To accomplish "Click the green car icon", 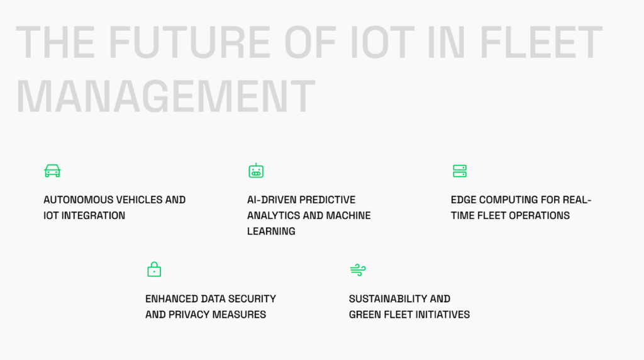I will click(x=52, y=171).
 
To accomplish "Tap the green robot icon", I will click(x=256, y=171).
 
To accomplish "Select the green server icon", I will click(x=460, y=171).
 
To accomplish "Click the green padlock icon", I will click(x=154, y=269).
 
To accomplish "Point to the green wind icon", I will click(x=357, y=270).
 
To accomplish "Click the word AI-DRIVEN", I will click(x=270, y=200).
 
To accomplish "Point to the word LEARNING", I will click(x=271, y=231).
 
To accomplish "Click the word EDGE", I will click(x=464, y=200).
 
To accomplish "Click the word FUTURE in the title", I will click(x=192, y=43).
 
